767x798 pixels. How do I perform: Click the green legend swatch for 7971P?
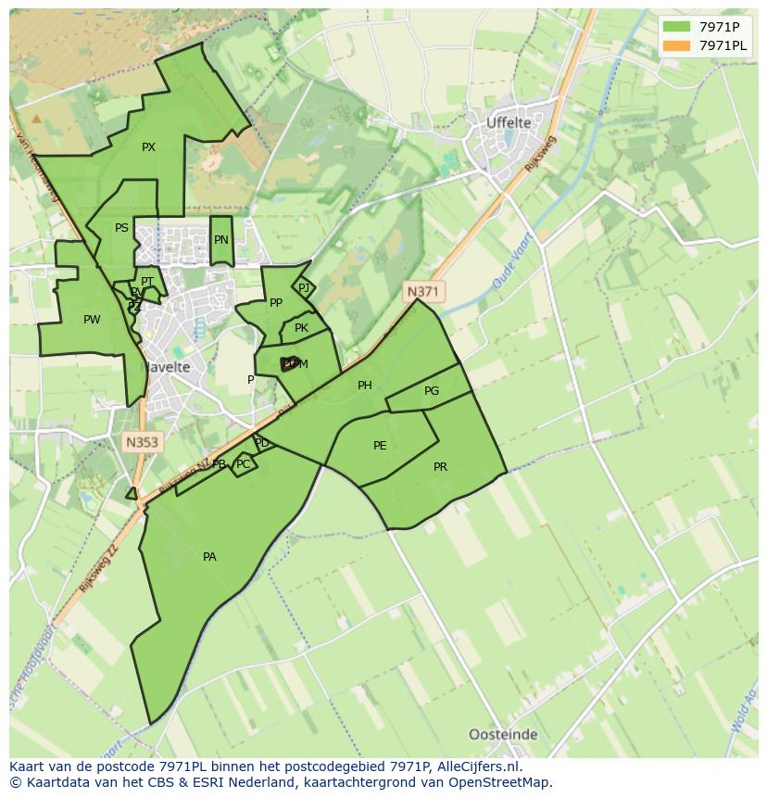click(676, 26)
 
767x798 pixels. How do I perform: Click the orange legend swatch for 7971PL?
click(676, 45)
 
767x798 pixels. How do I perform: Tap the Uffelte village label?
click(509, 122)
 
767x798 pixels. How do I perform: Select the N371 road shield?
click(422, 291)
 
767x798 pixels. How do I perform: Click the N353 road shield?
click(142, 442)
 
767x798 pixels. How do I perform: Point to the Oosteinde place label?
click(503, 734)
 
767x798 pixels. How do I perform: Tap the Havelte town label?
click(166, 367)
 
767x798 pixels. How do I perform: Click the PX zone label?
click(148, 147)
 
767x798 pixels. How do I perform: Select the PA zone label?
click(209, 557)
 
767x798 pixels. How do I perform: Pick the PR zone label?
click(440, 467)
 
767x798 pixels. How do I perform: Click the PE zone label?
click(380, 446)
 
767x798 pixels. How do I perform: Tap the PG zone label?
click(432, 391)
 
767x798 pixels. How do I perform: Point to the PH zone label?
click(365, 386)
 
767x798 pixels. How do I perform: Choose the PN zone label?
click(220, 240)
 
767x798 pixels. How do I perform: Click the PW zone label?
click(92, 320)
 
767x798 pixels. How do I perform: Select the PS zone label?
click(121, 228)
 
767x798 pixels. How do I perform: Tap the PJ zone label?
click(304, 288)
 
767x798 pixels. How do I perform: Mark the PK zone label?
click(301, 328)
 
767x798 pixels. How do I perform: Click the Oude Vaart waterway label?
click(509, 266)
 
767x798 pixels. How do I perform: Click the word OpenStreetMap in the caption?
click(501, 782)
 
